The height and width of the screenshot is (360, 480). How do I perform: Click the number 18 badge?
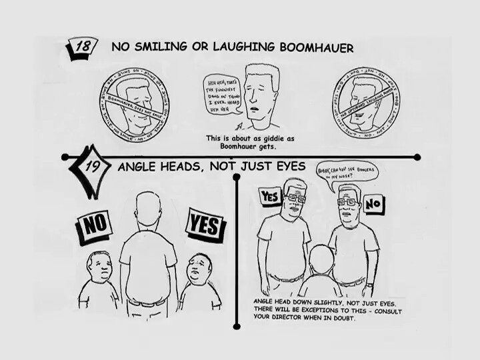85,48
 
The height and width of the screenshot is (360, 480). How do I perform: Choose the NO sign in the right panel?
374,201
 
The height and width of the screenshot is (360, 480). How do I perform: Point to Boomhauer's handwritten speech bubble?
220,95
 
